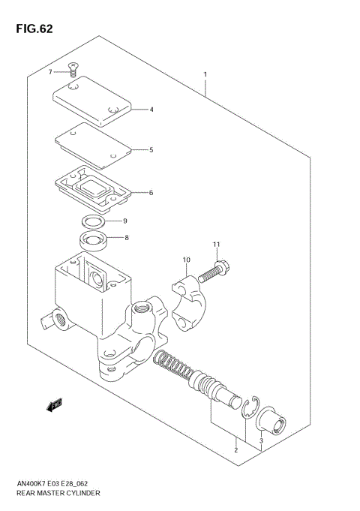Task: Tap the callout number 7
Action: pyautogui.click(x=50, y=71)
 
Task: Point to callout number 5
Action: pyautogui.click(x=151, y=150)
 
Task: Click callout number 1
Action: pyautogui.click(x=205, y=74)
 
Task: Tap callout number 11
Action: pyautogui.click(x=216, y=245)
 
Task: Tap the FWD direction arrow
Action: pyautogui.click(x=53, y=406)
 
